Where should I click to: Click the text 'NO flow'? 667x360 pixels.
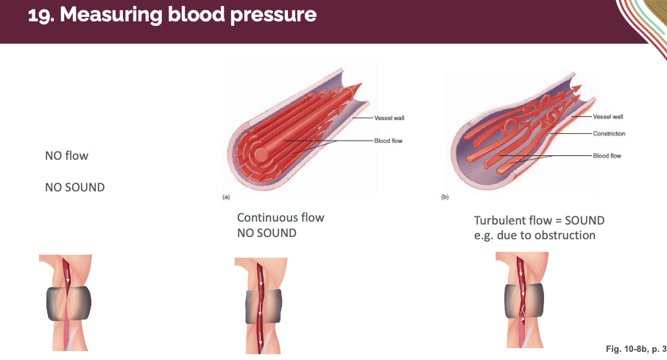tap(66, 156)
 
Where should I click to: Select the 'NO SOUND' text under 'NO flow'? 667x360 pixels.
tap(75, 187)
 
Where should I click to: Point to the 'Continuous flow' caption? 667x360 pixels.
tap(280, 218)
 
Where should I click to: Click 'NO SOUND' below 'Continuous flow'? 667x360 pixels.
tap(267, 233)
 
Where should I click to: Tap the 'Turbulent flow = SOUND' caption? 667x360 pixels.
tap(540, 221)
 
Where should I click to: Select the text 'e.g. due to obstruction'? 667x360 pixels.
tap(534, 236)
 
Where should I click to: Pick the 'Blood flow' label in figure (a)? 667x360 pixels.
tap(389, 141)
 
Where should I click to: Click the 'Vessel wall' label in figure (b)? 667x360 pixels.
tap(608, 116)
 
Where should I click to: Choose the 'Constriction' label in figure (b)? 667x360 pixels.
tap(609, 133)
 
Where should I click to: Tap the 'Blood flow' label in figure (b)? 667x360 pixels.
tap(607, 155)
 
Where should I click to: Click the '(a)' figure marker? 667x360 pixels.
tap(226, 197)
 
